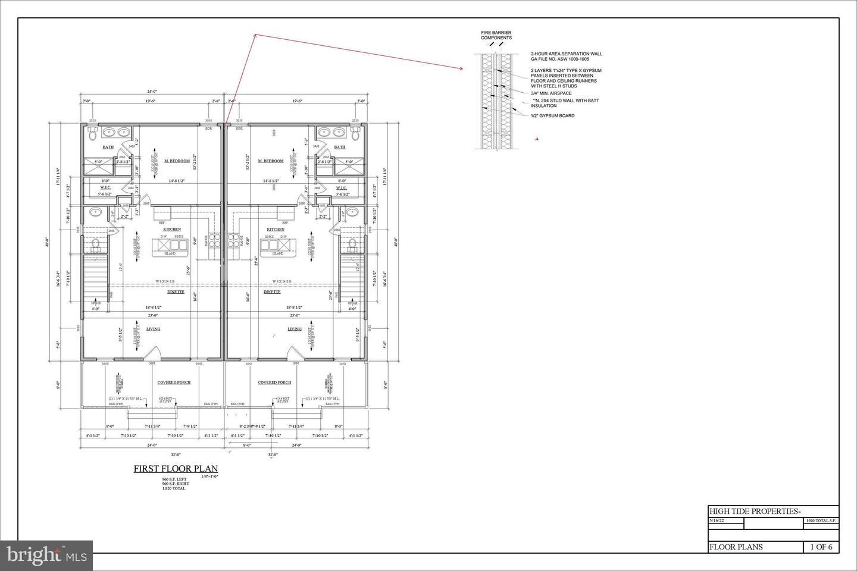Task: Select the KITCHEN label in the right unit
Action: click(275, 230)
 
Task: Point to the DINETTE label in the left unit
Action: click(176, 292)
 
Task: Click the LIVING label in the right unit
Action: click(295, 329)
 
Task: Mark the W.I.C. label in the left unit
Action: click(108, 188)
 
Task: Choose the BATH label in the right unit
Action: click(339, 147)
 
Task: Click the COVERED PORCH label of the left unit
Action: click(174, 382)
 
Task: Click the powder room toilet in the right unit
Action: click(351, 244)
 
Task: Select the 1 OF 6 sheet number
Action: click(821, 547)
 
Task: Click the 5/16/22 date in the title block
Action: click(717, 521)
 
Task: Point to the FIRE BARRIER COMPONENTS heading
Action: click(496, 35)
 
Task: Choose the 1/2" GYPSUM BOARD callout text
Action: click(552, 116)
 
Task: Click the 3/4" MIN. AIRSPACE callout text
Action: click(551, 93)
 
